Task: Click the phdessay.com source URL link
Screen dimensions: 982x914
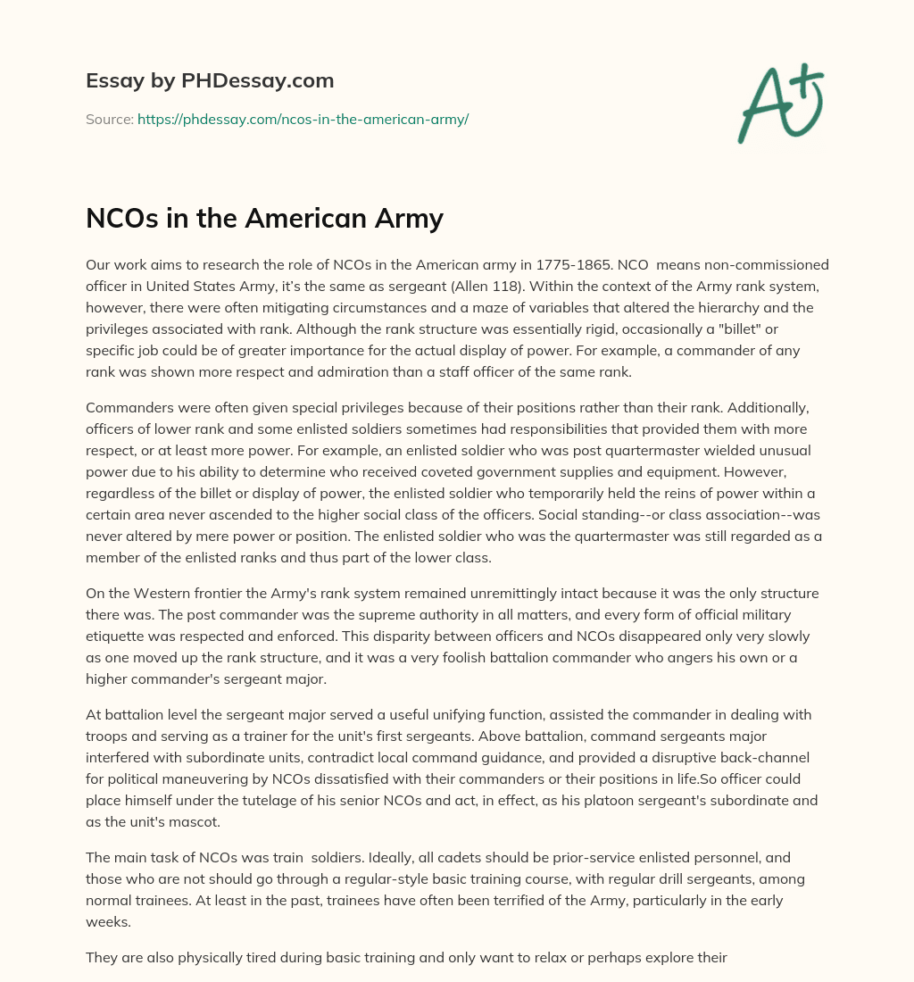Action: [x=303, y=119]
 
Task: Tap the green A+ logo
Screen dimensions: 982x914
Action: [x=780, y=103]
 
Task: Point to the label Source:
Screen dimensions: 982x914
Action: [x=109, y=119]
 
